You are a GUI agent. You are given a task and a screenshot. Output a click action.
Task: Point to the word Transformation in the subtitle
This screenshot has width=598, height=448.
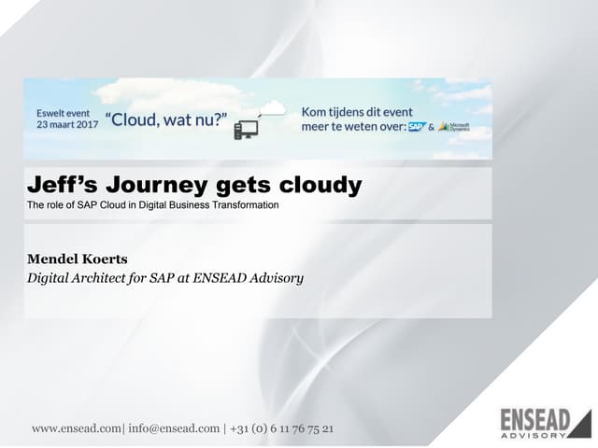[247, 204]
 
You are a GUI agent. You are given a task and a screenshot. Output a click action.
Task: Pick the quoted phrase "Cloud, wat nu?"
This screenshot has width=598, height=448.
[166, 119]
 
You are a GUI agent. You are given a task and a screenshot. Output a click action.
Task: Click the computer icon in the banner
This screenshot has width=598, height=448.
[246, 129]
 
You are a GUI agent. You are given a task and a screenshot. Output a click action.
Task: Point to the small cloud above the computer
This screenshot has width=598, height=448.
[272, 108]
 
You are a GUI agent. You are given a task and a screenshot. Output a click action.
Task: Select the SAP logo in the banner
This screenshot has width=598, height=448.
[416, 126]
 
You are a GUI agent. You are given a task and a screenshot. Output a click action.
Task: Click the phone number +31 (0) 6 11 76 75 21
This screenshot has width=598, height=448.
[280, 428]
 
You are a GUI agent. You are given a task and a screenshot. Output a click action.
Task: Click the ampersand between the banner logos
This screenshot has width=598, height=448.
[431, 127]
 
